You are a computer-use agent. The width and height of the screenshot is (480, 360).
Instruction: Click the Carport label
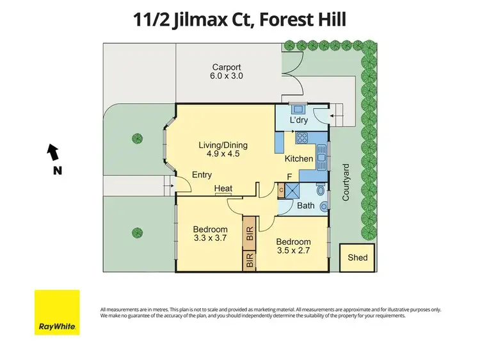227,67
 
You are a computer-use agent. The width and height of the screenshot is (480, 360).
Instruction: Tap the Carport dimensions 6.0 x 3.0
227,76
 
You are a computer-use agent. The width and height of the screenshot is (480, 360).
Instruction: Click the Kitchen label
299,159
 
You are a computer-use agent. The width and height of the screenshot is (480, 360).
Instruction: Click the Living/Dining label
223,145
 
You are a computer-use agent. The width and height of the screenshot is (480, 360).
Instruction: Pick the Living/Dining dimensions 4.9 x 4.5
223,154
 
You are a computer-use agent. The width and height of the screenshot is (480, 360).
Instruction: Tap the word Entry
202,175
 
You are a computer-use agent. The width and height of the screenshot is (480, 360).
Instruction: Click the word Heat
223,188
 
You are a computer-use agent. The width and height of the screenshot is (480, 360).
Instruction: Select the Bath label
305,206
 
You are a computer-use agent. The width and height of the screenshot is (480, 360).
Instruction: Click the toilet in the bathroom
323,204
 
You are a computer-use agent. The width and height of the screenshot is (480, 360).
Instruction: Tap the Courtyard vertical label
346,183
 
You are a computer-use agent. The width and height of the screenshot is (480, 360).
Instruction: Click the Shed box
358,258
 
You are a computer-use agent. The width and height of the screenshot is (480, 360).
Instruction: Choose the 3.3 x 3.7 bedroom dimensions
211,239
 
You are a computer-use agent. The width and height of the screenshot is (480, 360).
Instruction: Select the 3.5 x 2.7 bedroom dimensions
293,252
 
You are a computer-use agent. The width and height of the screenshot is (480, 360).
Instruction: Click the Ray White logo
57,312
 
